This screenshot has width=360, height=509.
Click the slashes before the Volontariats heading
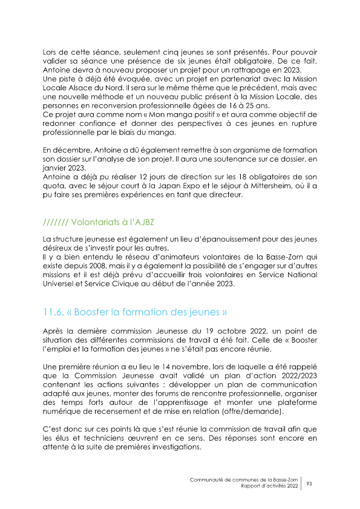click(x=56, y=222)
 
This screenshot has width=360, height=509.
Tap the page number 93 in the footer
click(x=309, y=483)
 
